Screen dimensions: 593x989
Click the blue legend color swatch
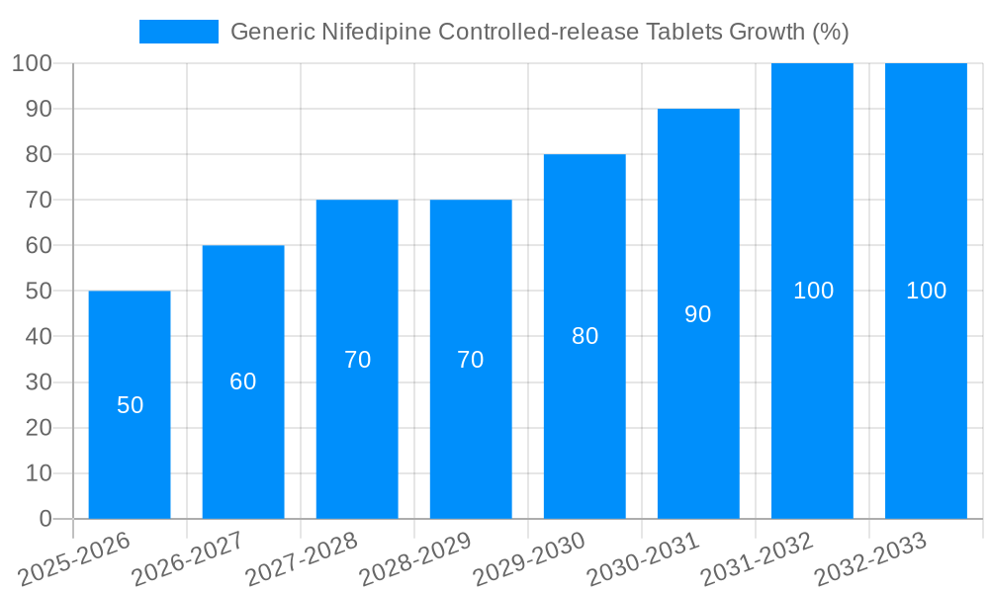click(178, 32)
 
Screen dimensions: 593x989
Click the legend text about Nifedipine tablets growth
click(539, 32)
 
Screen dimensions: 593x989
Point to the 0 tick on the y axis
click(45, 519)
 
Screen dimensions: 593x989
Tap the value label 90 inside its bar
click(698, 314)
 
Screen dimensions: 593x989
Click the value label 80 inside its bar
click(584, 336)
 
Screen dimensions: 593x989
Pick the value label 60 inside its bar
click(243, 381)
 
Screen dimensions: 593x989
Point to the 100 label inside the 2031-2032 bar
click(813, 291)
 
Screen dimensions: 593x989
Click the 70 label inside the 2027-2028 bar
click(357, 360)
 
